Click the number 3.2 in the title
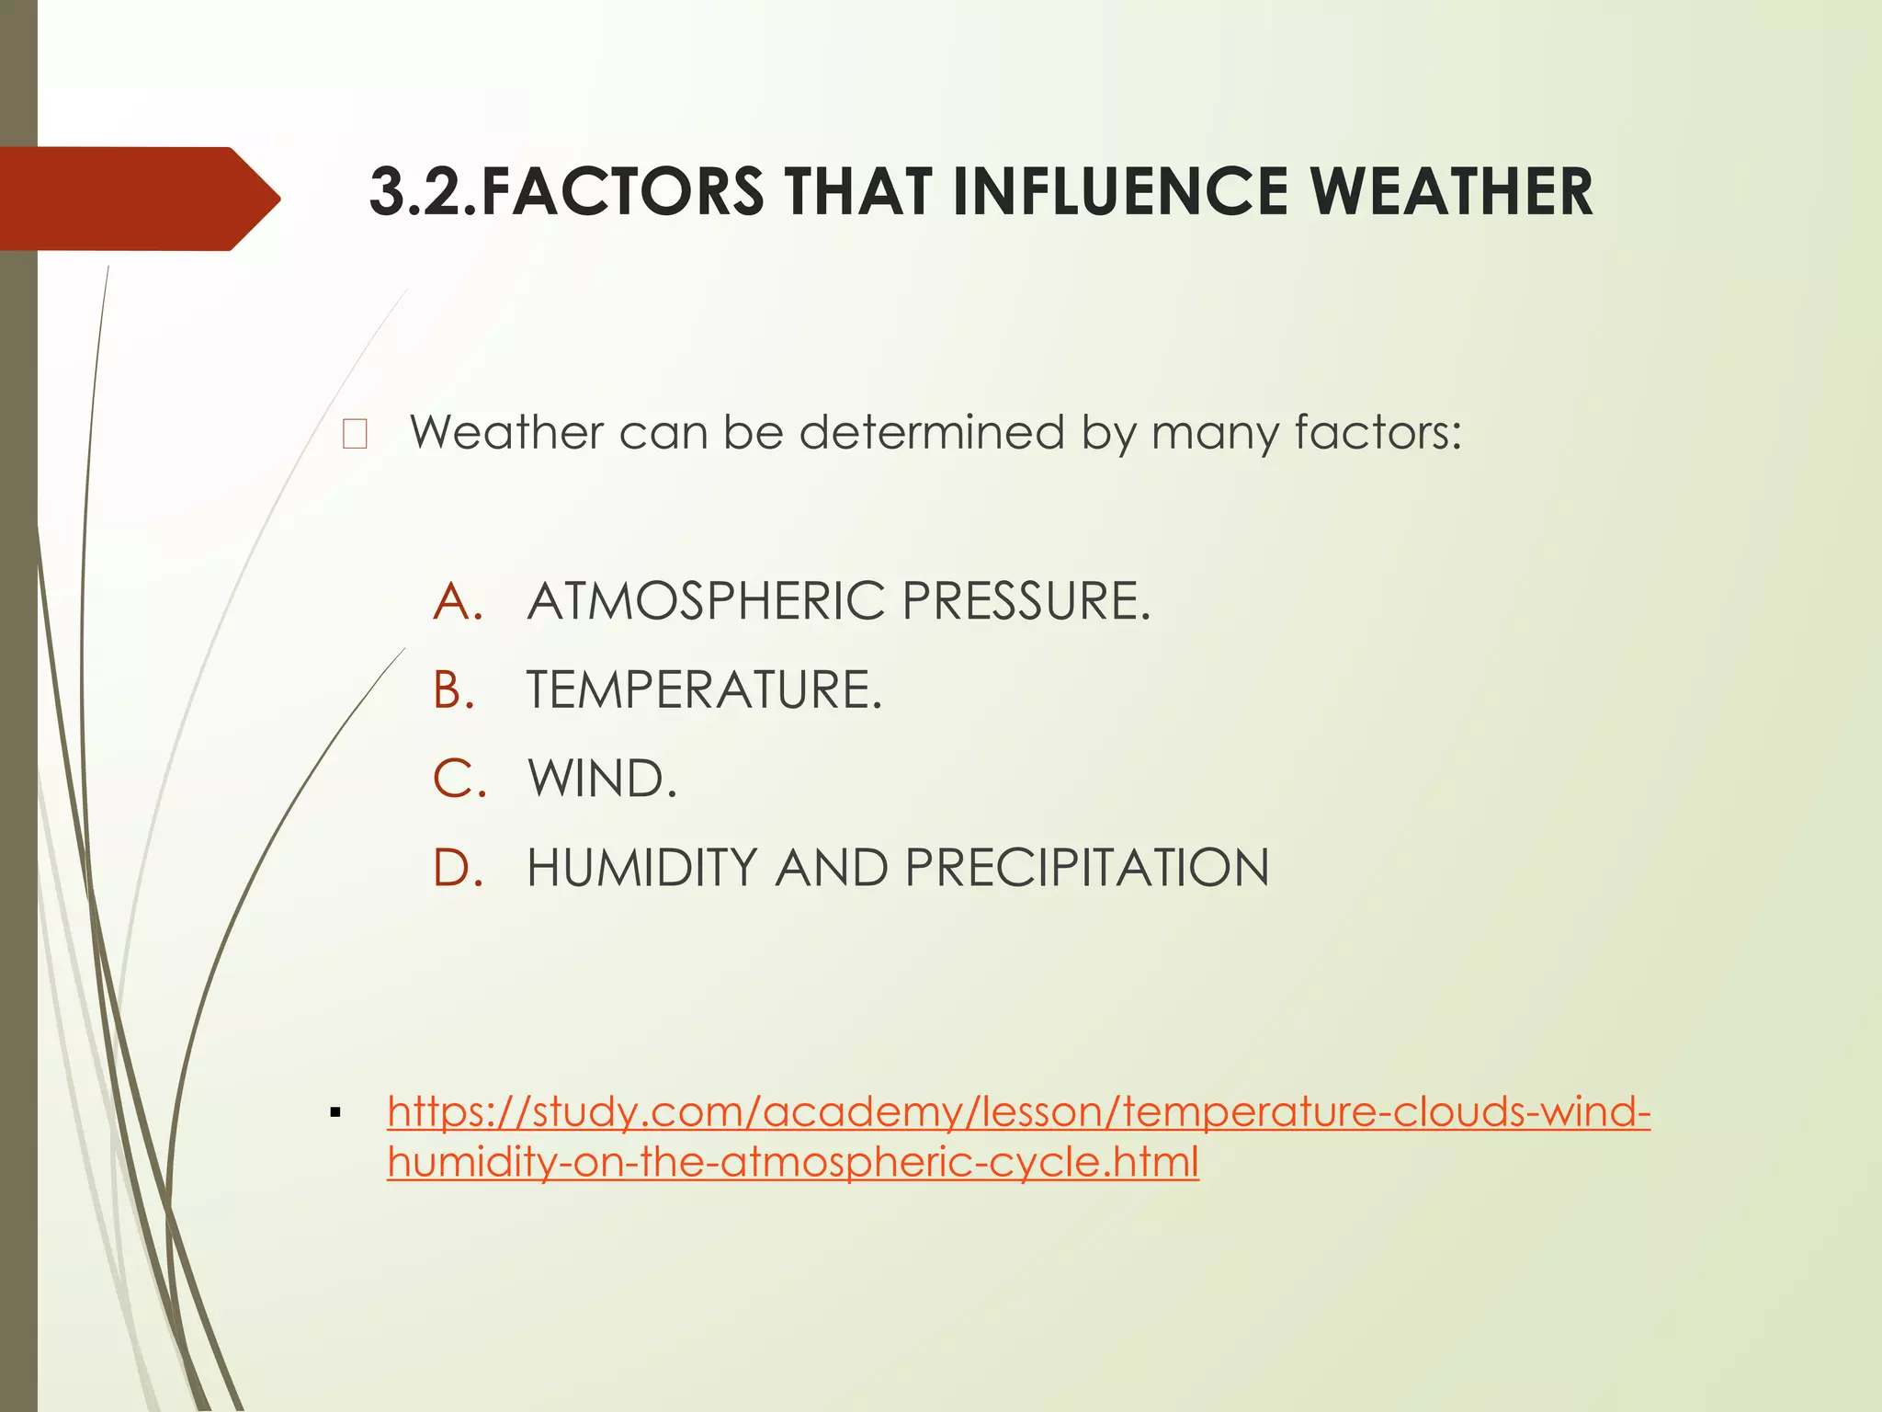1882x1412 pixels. (418, 193)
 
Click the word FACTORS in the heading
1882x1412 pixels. (621, 193)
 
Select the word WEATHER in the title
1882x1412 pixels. (1451, 193)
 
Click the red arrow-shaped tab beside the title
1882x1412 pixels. (138, 199)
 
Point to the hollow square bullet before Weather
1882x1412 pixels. (355, 434)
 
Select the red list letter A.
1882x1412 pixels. (457, 602)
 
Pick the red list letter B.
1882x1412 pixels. (454, 690)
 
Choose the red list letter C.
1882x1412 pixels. (457, 779)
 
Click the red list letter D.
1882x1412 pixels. (457, 868)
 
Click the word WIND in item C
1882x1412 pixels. (598, 779)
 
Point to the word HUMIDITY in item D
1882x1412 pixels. (642, 868)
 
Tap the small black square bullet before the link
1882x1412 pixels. (335, 1114)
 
